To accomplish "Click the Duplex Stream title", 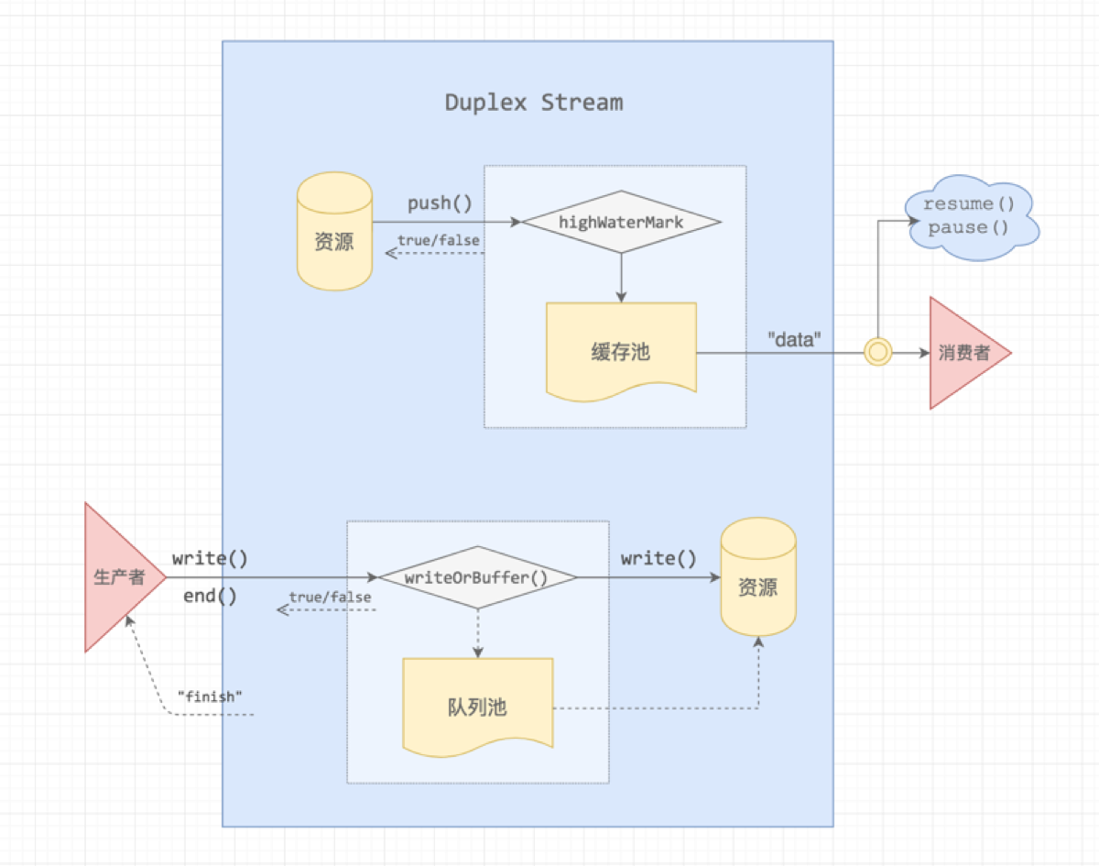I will coord(534,102).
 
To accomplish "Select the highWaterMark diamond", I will coord(621,222).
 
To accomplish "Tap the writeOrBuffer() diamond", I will coord(477,577).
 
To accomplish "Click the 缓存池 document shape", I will coord(621,352).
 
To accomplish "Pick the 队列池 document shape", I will coord(478,707).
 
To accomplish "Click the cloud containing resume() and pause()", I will coord(969,216).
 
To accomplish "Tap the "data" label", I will coord(793,340).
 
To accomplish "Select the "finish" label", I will coord(210,696).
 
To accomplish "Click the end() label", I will coord(210,597).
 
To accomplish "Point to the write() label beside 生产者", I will coord(210,558).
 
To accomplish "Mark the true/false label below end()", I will coord(331,597).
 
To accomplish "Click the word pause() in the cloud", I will coord(968,228).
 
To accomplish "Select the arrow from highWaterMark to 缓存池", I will coord(621,278).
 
